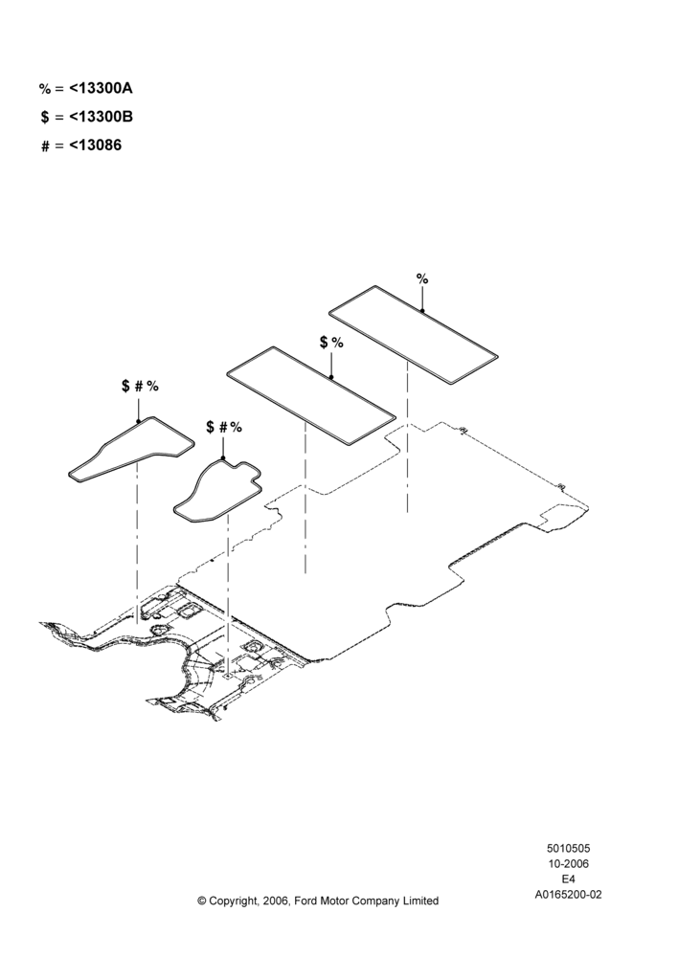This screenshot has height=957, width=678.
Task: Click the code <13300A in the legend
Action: [101, 88]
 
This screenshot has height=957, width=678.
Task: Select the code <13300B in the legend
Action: [101, 117]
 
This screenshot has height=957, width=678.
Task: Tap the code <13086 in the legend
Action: [96, 145]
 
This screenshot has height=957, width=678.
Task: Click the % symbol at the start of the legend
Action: [45, 89]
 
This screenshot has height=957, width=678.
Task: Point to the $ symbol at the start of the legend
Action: [45, 117]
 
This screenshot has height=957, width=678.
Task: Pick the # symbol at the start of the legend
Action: [45, 146]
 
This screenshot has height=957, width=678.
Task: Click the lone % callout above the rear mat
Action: [422, 278]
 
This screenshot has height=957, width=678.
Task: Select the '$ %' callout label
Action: [331, 343]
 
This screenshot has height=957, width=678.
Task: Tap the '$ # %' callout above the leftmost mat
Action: [140, 386]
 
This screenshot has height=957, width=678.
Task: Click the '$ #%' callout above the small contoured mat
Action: [223, 427]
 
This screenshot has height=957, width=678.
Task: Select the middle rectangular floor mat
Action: [311, 395]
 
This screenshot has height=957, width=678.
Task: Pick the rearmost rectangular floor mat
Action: [414, 334]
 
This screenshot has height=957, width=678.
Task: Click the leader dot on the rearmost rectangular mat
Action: [422, 311]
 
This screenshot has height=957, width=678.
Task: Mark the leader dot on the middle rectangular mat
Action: [331, 378]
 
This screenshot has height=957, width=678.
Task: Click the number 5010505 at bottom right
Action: [568, 848]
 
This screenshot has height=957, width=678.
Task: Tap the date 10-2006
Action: [568, 863]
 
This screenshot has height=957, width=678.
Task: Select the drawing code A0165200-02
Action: [568, 895]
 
